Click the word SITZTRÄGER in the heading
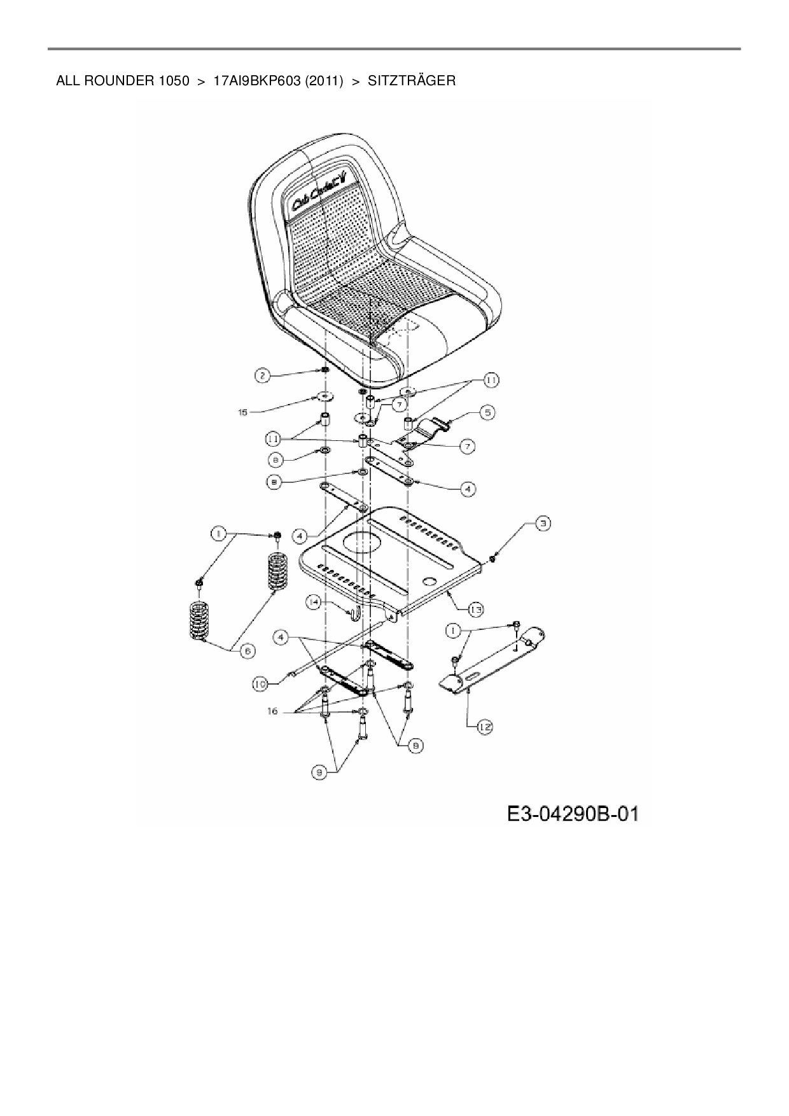click(x=411, y=81)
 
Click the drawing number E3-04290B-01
click(x=572, y=814)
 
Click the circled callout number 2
click(x=263, y=375)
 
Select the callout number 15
click(x=242, y=412)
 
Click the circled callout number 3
click(x=542, y=524)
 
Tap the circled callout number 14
click(x=313, y=601)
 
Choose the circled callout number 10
click(x=260, y=684)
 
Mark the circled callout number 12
click(x=485, y=726)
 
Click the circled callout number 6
click(x=246, y=650)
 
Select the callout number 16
click(x=272, y=711)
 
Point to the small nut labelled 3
click(x=493, y=559)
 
